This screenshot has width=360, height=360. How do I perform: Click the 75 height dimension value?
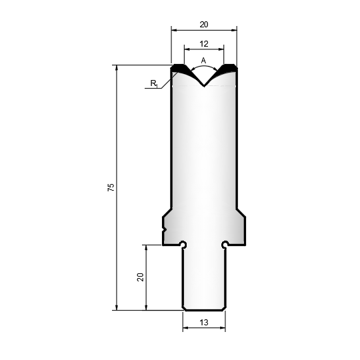(111, 187)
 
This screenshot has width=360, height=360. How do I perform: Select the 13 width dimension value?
(204, 323)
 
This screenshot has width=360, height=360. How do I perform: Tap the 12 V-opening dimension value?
(204, 43)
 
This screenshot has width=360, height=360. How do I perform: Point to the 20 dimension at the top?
(204, 25)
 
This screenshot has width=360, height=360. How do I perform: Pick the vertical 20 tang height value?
(140, 277)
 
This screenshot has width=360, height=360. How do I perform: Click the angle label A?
(203, 61)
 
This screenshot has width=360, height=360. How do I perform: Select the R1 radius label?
(154, 83)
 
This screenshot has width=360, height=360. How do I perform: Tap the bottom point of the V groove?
(204, 87)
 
